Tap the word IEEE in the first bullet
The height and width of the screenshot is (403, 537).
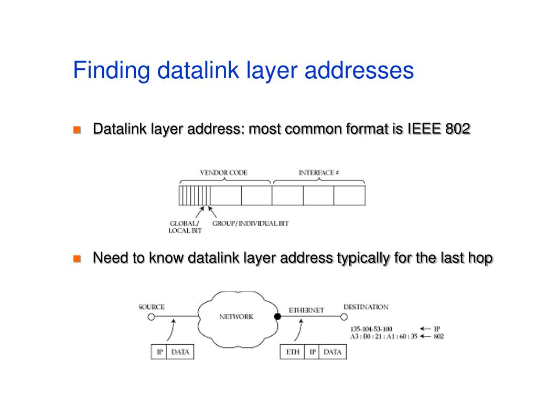422,129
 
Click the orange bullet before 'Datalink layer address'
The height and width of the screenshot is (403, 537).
77,129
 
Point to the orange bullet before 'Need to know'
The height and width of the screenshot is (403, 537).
77,258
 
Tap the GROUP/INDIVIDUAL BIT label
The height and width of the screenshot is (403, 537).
251,224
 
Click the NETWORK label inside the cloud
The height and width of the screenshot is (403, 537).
236,316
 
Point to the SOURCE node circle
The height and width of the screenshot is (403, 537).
151,317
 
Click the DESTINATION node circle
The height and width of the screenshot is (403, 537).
344,317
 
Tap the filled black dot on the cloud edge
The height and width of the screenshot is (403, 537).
277,317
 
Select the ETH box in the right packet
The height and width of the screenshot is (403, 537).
293,352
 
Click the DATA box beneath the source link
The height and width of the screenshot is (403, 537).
180,352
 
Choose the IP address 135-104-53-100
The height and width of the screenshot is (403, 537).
371,329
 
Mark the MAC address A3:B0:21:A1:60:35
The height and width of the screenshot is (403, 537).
383,336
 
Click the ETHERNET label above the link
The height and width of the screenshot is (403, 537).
306,310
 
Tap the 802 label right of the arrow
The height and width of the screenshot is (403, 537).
438,336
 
